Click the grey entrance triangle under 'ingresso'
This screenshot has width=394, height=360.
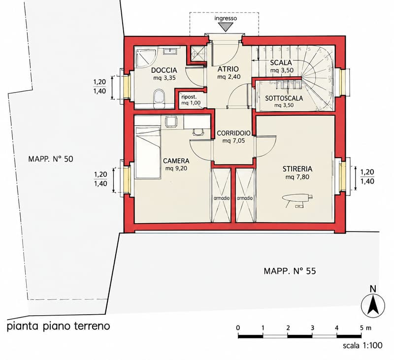226,27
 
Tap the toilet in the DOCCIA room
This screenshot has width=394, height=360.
159,99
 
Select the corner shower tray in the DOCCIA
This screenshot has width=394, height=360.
146,58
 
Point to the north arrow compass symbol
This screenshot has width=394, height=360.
373,305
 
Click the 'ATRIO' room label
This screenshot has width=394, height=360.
228,69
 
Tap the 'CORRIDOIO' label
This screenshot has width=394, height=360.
233,133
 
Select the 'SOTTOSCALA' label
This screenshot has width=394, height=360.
284,98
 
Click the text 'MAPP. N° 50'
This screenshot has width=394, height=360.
51,159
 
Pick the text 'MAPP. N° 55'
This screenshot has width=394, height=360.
290,271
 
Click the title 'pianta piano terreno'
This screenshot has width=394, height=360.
58,327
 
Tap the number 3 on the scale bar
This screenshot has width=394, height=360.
312,328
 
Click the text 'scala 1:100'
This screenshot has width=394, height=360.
362,345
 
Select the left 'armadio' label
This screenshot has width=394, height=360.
221,198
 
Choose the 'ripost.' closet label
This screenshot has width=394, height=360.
189,97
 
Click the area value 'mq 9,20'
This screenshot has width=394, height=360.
176,168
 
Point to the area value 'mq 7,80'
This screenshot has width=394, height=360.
297,177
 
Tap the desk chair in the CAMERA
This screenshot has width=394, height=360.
198,132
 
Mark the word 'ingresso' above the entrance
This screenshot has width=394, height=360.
226,18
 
